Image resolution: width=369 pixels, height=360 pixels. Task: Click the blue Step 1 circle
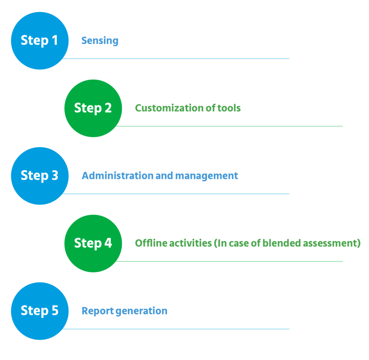tap(40, 40)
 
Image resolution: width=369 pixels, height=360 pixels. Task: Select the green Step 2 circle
tap(93, 108)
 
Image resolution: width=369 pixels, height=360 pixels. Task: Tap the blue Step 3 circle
tap(40, 175)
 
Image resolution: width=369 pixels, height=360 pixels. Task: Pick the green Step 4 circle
tap(93, 243)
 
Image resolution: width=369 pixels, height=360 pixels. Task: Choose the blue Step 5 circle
tap(40, 311)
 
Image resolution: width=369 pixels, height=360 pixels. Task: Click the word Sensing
tap(100, 41)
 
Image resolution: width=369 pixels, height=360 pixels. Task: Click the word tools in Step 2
tap(229, 108)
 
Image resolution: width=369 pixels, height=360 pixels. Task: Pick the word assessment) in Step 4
tap(332, 243)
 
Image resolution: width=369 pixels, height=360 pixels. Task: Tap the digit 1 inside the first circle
tap(54, 40)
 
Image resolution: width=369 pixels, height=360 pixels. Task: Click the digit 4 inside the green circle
tap(108, 243)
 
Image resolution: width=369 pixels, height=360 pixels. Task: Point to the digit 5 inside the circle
tap(54, 311)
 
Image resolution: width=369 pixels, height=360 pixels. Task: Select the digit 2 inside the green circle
tap(108, 108)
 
